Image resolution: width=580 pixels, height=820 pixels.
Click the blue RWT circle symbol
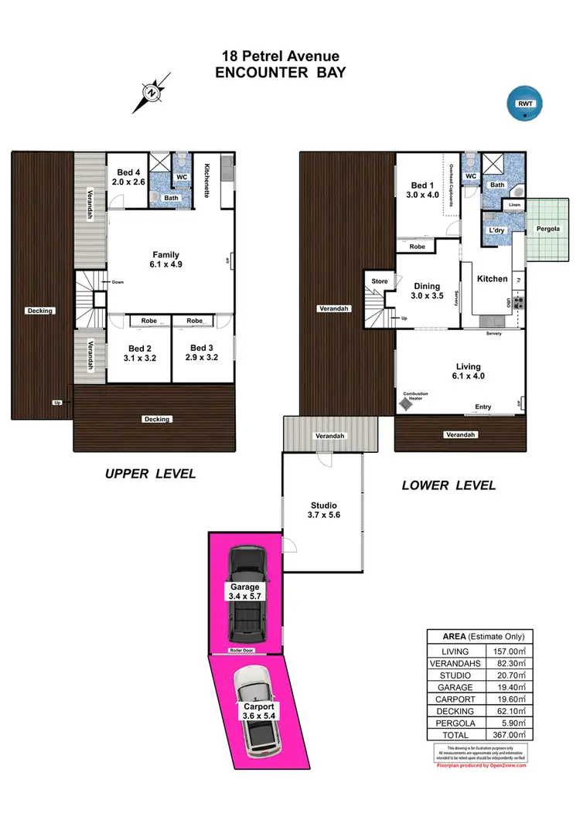coord(525,104)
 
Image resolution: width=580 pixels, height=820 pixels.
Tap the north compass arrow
coord(153,94)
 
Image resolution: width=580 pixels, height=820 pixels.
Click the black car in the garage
coord(245,594)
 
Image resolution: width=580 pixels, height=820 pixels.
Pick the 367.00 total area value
coord(508,734)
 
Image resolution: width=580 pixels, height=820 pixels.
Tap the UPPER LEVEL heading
coord(151,474)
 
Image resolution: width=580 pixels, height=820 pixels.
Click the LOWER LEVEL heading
coord(449,485)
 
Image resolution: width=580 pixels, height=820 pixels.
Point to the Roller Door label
coord(245,652)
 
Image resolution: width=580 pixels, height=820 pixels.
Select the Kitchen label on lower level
coord(492,279)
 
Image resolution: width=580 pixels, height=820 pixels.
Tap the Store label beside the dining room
coord(379,281)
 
